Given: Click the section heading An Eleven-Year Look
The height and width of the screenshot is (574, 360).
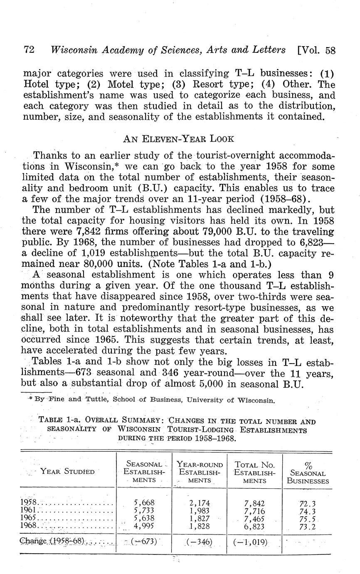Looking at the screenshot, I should [x=180, y=139].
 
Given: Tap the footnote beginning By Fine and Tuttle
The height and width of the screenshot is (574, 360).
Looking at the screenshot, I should [x=151, y=400].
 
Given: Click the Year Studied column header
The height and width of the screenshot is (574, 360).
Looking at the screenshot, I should [x=67, y=471].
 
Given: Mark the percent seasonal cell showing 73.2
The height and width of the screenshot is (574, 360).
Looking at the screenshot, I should [x=308, y=526].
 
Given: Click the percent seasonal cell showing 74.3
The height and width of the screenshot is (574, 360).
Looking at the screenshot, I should [x=308, y=510].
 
